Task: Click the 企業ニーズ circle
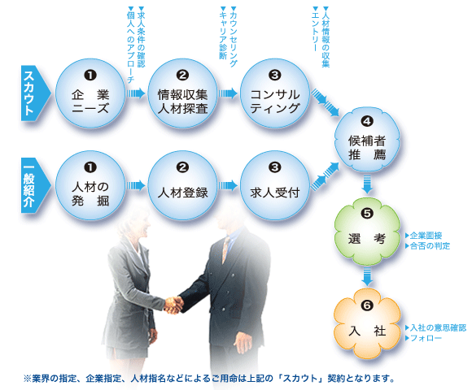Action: pyautogui.click(x=90, y=93)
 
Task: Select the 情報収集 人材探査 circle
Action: pyautogui.click(x=183, y=93)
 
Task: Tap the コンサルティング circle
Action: pyautogui.click(x=275, y=93)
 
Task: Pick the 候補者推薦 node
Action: pyautogui.click(x=367, y=140)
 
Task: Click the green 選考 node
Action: pyautogui.click(x=367, y=232)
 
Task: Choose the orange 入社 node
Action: pyautogui.click(x=367, y=324)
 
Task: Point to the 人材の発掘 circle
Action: pyautogui.click(x=90, y=185)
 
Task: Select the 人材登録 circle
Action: pyautogui.click(x=183, y=185)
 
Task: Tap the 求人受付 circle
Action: pyautogui.click(x=275, y=185)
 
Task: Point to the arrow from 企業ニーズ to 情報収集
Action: pyautogui.click(x=135, y=93)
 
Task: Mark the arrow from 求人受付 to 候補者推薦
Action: pyautogui.click(x=325, y=176)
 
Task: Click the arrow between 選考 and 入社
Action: pyautogui.click(x=367, y=276)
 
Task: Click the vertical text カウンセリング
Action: pyautogui.click(x=234, y=37)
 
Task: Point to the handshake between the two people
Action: pyautogui.click(x=173, y=305)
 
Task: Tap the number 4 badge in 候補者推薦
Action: pyautogui.click(x=367, y=121)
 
